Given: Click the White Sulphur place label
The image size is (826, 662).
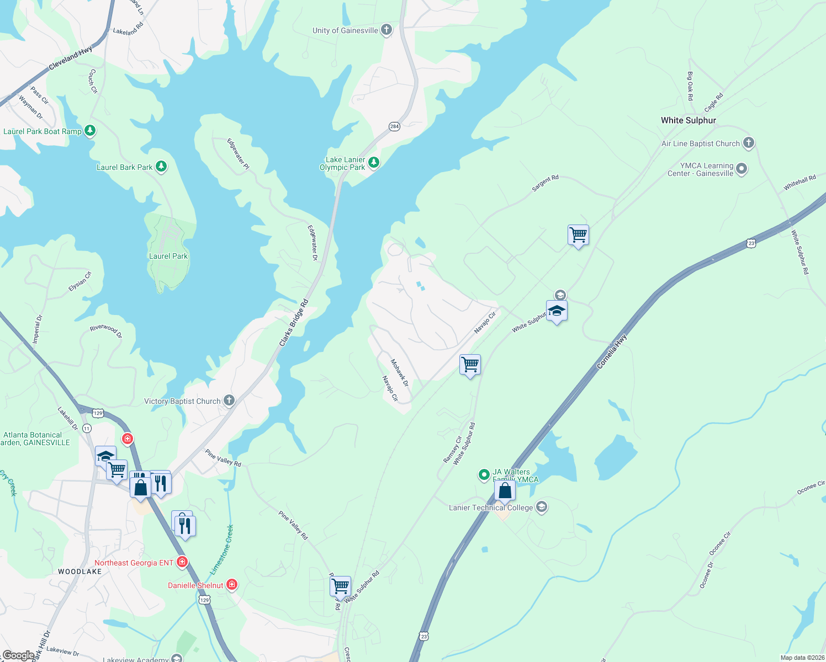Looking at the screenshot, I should pos(688,120).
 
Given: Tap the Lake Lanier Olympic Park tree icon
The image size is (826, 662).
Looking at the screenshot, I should pos(374,162).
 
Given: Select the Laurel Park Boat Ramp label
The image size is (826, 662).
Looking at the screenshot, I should pos(43,131).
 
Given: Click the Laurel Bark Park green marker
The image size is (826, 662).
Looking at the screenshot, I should pos(161,166).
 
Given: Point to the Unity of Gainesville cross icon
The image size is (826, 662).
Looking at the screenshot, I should pos(386,30).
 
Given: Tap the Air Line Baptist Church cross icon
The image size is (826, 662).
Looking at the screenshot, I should pos(748,143).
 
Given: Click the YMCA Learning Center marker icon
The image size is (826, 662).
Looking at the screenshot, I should pos(742,169).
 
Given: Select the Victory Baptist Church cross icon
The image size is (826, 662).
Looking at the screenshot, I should pos(229,401).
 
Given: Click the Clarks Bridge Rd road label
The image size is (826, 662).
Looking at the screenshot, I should pos(294,323).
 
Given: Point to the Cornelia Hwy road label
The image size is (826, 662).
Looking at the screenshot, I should pos(612,351).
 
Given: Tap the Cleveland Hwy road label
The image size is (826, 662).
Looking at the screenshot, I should pos(71,59).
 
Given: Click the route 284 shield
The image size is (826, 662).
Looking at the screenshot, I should pos(394,126).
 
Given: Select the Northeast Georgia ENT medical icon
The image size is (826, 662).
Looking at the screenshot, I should pos(182,562).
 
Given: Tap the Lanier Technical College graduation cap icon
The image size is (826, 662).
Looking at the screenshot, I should pos(542,507).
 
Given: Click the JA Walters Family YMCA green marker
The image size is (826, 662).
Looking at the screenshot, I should pos(484,474).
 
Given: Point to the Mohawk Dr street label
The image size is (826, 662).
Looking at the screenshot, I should pos(400,373).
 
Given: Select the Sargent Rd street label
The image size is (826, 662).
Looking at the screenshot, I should pos(545,183).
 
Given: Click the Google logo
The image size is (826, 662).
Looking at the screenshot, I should pos(18,655).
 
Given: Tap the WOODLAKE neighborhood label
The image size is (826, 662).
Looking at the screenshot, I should pos(80,572).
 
